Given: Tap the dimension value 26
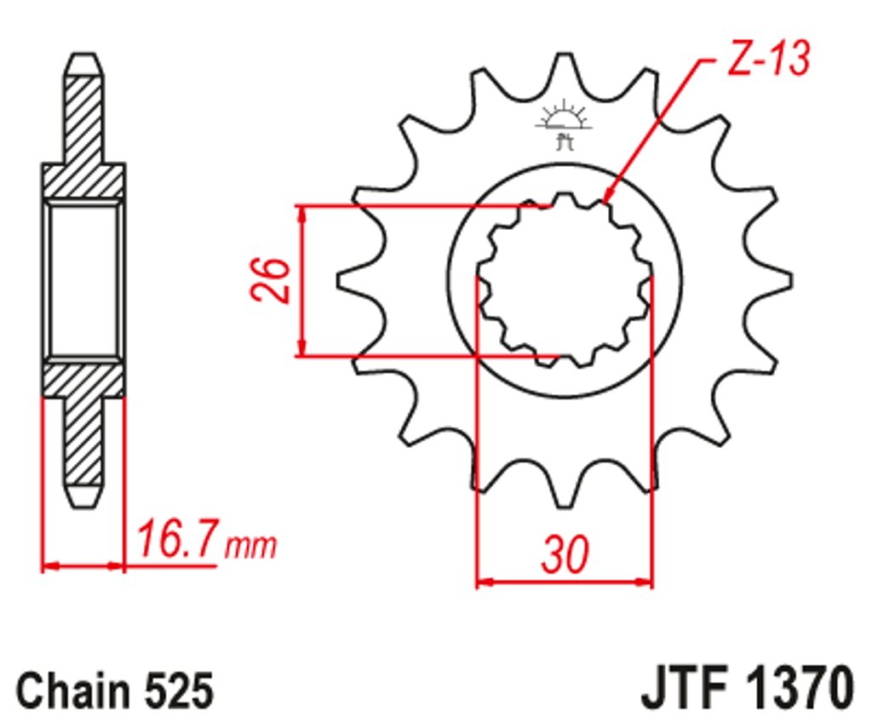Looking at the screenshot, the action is [x=270, y=280].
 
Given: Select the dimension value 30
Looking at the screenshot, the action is [x=565, y=554].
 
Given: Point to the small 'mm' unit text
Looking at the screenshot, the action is [x=250, y=546].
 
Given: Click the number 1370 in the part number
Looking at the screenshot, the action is [x=799, y=686].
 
